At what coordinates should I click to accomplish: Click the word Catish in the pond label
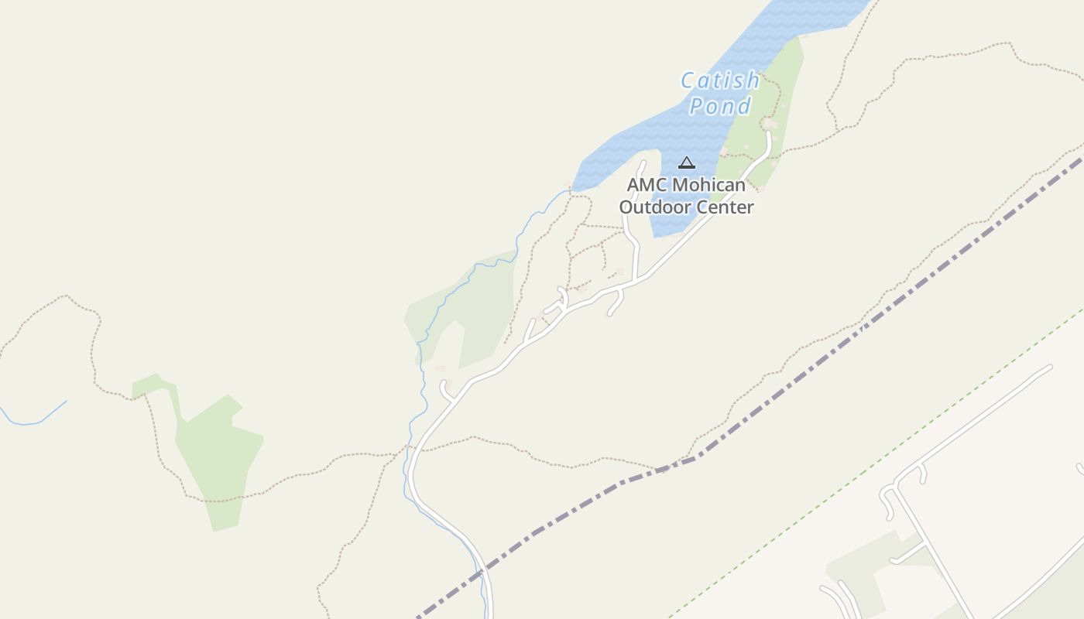click(720, 80)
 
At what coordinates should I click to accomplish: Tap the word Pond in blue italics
click(720, 106)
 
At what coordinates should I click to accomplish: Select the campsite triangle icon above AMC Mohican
click(686, 163)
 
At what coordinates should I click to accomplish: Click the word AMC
click(647, 186)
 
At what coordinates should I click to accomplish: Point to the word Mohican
click(708, 186)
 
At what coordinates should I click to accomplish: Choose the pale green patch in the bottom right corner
click(859, 573)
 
